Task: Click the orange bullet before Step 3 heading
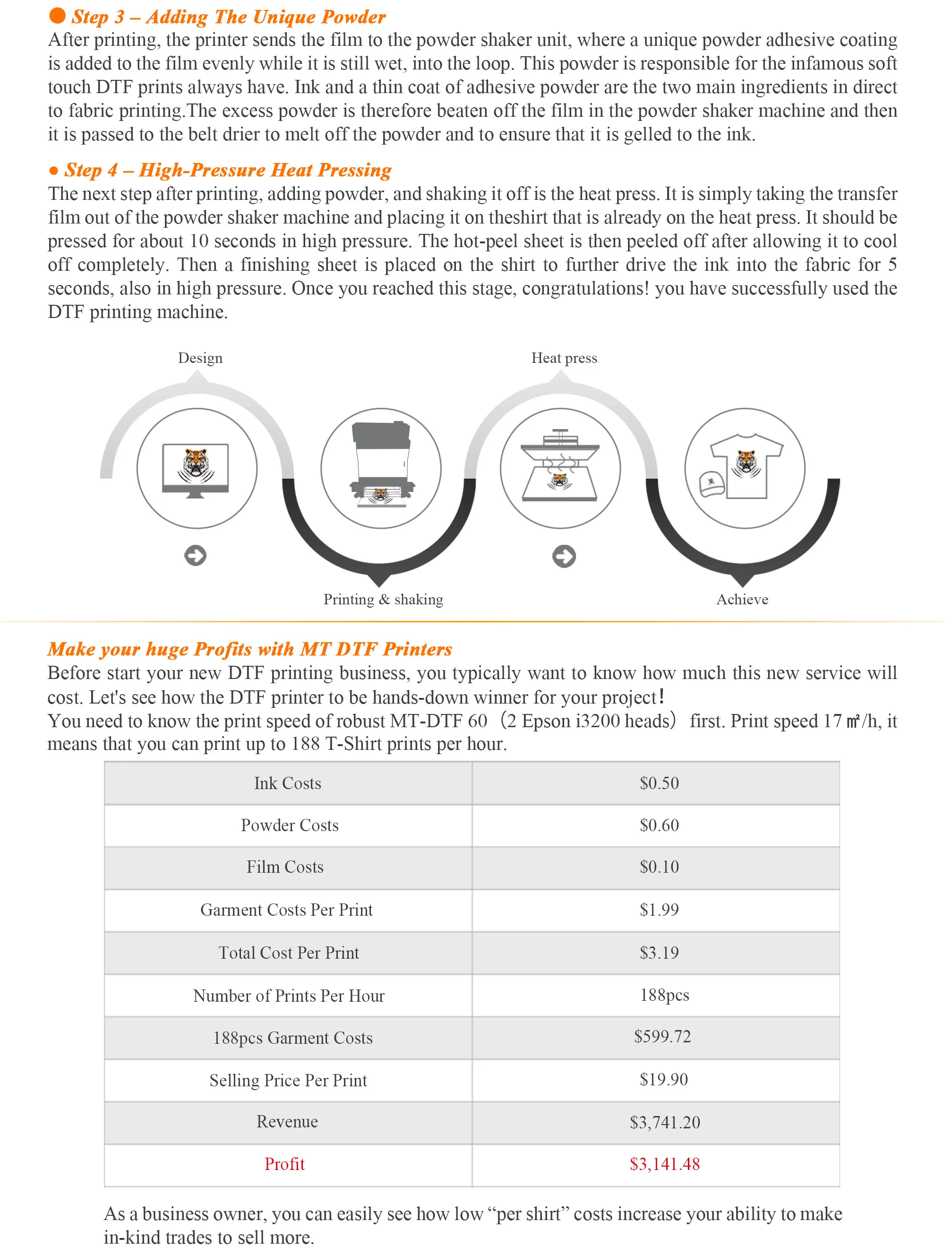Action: [57, 16]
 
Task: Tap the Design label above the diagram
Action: [200, 358]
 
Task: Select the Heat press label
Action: [564, 358]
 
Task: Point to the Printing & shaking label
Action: [384, 599]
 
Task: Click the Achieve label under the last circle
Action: [742, 599]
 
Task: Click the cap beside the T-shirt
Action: [711, 483]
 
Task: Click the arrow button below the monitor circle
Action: [196, 556]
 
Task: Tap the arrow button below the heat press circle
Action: [564, 556]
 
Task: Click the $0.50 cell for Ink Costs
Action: [659, 783]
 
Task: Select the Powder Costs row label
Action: [289, 825]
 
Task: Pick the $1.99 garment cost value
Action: [659, 910]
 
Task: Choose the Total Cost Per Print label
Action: [289, 953]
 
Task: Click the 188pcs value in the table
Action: [664, 995]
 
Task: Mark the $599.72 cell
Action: [662, 1037]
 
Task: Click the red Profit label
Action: [285, 1164]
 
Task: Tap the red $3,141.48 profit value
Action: [664, 1164]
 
